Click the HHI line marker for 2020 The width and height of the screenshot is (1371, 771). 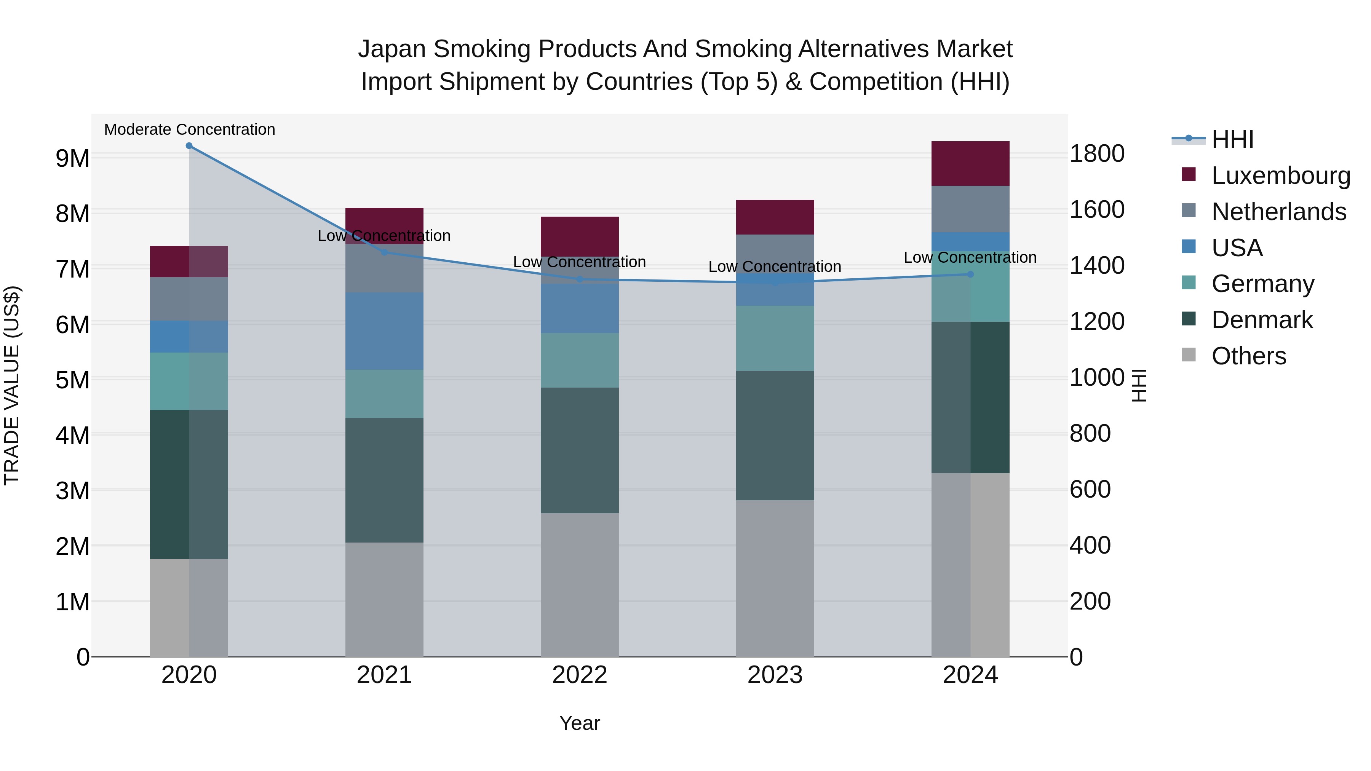tap(189, 146)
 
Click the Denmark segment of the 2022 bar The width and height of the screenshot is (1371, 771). tap(580, 450)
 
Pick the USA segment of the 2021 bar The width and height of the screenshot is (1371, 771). tap(384, 330)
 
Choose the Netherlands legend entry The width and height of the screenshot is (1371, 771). tap(1278, 212)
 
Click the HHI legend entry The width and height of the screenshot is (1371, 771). tap(1232, 139)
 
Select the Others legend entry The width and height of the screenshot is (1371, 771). tap(1248, 356)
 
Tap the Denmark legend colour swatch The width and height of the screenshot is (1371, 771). tap(1189, 319)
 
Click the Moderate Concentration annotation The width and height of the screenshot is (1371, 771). tap(190, 129)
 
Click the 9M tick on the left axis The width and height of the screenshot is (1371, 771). tap(72, 158)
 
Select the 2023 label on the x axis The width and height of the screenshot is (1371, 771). tap(775, 675)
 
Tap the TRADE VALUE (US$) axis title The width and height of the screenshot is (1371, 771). tap(12, 385)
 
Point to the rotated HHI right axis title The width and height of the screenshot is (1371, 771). tap(1138, 385)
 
